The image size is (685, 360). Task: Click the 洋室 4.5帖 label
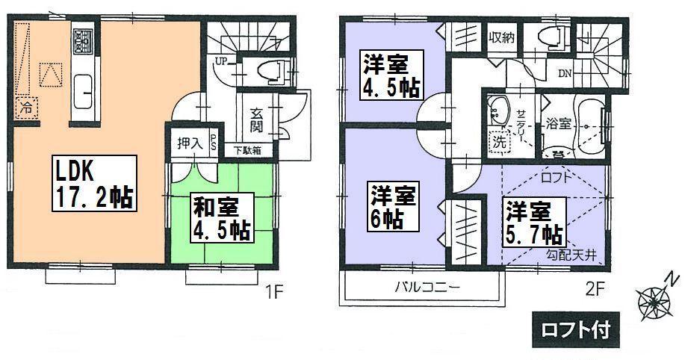click(391, 75)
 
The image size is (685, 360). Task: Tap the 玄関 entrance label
click(256, 121)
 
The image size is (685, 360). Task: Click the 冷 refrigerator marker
click(26, 107)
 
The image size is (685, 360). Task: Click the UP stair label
click(222, 60)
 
